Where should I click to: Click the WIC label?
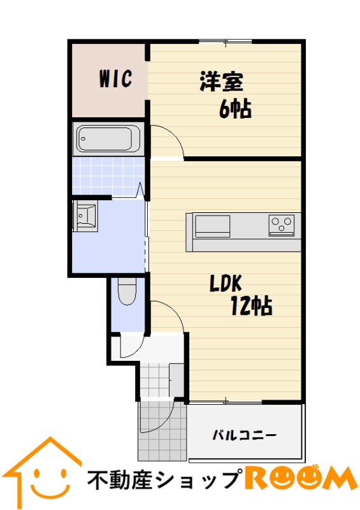coord(115,78)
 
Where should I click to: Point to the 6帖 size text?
coord(235,109)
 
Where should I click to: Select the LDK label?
coord(226,283)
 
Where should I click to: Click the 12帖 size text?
coord(252,306)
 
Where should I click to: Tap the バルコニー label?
coord(245,435)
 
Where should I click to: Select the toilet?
coord(127,292)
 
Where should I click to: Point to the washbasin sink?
coord(85,215)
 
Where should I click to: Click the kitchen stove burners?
coord(281,225)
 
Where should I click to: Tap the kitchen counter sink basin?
coord(212,226)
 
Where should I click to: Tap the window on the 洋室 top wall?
coord(226,41)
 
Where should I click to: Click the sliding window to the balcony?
coord(226,402)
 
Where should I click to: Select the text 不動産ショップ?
coord(164,479)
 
